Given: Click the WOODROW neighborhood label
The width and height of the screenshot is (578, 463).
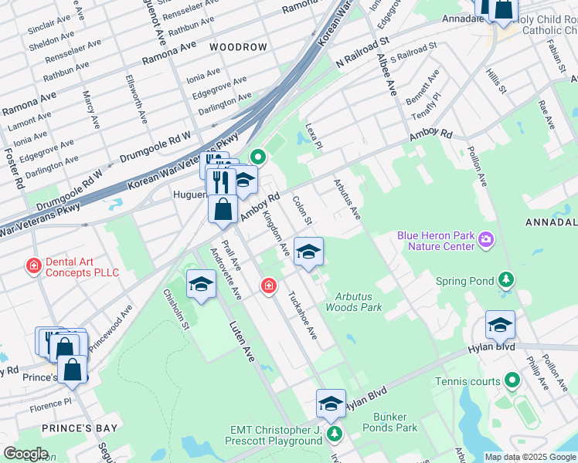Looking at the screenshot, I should click(x=238, y=47).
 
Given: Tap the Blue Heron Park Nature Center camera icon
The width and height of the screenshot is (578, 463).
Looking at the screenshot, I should click(x=485, y=239).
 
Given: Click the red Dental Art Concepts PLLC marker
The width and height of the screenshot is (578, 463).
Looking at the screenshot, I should click(x=33, y=267).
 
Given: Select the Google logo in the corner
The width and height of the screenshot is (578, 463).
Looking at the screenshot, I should click(x=25, y=454).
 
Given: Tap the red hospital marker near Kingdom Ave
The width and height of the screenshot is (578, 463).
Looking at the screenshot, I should click(x=268, y=286).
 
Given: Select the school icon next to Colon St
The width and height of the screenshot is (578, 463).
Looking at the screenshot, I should click(x=308, y=252).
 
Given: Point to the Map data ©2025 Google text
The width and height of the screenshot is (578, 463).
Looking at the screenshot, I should click(x=530, y=457).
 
